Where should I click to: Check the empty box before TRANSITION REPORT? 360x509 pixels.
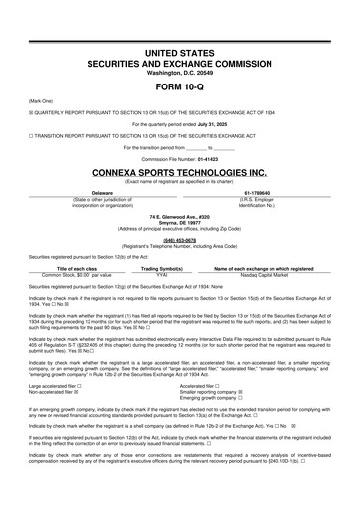31,134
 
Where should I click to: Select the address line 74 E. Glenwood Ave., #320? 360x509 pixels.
180,215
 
